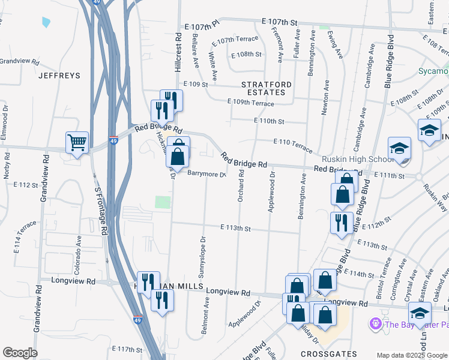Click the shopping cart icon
coord(77,143)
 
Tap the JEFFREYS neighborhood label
coord(59,76)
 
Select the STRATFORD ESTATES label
coord(267,88)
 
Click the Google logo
coord(20,353)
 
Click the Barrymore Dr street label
coord(205,175)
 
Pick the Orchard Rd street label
coord(241,185)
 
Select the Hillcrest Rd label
coord(178,52)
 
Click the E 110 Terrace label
coord(293,145)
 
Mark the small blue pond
coord(46,23)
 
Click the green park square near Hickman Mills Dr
coord(163,202)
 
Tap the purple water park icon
coord(376,325)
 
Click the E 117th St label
coord(127,349)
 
